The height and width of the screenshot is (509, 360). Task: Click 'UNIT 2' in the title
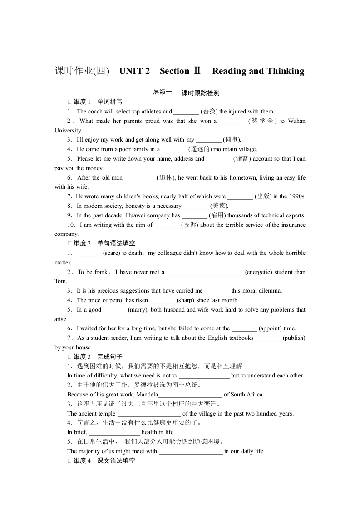134,71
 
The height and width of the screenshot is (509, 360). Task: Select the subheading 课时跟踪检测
200,93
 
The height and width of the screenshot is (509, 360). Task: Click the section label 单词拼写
110,102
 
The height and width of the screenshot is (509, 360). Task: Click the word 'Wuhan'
296,121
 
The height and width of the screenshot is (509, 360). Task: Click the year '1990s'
297,196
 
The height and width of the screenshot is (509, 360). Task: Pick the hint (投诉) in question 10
189,225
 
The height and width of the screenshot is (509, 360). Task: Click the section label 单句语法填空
116,244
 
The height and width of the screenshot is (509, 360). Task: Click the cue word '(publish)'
294,338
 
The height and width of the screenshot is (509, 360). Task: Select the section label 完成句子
110,357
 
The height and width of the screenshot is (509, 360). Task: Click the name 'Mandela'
145,395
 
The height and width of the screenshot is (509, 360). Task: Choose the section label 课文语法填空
116,460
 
